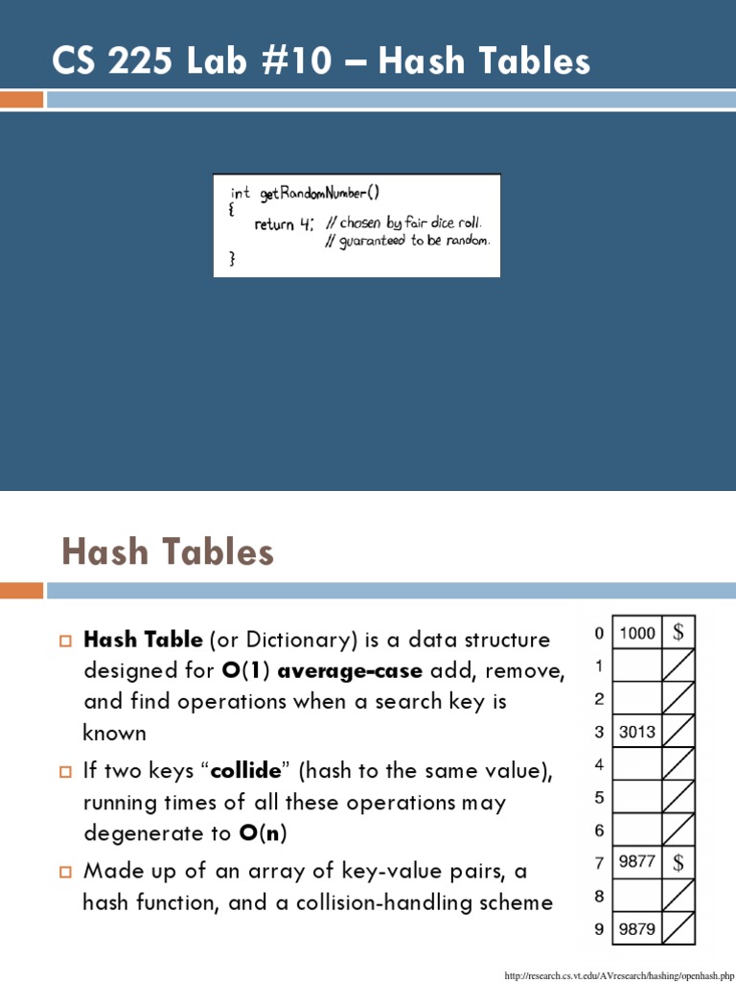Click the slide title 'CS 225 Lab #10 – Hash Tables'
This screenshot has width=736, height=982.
(x=321, y=61)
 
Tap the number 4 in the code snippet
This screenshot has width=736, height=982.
(x=305, y=224)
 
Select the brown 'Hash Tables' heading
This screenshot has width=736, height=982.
(x=168, y=552)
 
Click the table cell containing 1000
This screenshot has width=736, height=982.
(x=637, y=633)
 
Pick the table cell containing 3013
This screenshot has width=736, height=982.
(x=637, y=732)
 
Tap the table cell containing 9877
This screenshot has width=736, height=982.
(x=637, y=861)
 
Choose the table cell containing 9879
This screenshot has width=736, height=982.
(x=637, y=927)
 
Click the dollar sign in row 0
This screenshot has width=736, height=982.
(x=678, y=632)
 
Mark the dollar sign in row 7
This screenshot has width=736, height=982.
(x=678, y=861)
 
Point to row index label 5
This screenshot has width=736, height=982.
(x=599, y=797)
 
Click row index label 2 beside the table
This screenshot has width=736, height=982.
(x=599, y=698)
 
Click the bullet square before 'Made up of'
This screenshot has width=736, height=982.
(x=66, y=872)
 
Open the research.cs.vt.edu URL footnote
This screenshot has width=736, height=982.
(x=619, y=975)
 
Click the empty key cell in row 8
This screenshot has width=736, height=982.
(x=637, y=895)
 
